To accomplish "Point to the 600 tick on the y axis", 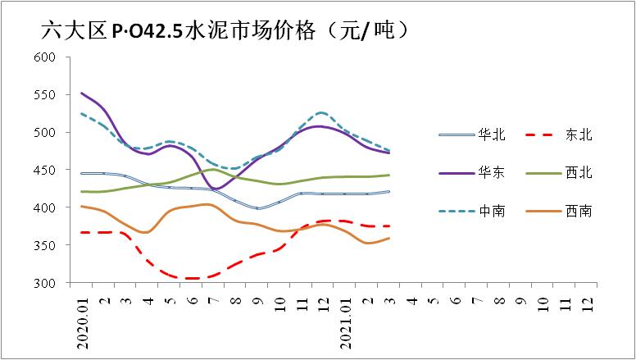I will pyautogui.click(x=44, y=57).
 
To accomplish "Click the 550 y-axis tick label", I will pyautogui.click(x=44, y=95).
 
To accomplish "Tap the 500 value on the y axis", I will pyautogui.click(x=44, y=133).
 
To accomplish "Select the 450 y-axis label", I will pyautogui.click(x=44, y=171).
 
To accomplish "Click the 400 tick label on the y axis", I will pyautogui.click(x=44, y=208).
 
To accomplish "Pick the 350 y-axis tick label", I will pyautogui.click(x=44, y=246).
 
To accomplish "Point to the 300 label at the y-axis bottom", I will pyautogui.click(x=44, y=284).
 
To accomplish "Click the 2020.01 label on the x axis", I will pyautogui.click(x=83, y=322).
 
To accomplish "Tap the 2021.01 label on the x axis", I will pyautogui.click(x=346, y=322).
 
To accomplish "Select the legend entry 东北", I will pyautogui.click(x=579, y=134).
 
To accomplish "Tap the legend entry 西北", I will pyautogui.click(x=579, y=173).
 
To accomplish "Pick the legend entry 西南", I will pyautogui.click(x=579, y=212).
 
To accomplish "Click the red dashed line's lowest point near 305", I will pyautogui.click(x=193, y=279).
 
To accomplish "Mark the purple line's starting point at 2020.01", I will pyautogui.click(x=82, y=93).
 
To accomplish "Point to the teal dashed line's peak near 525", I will pyautogui.click(x=321, y=112).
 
